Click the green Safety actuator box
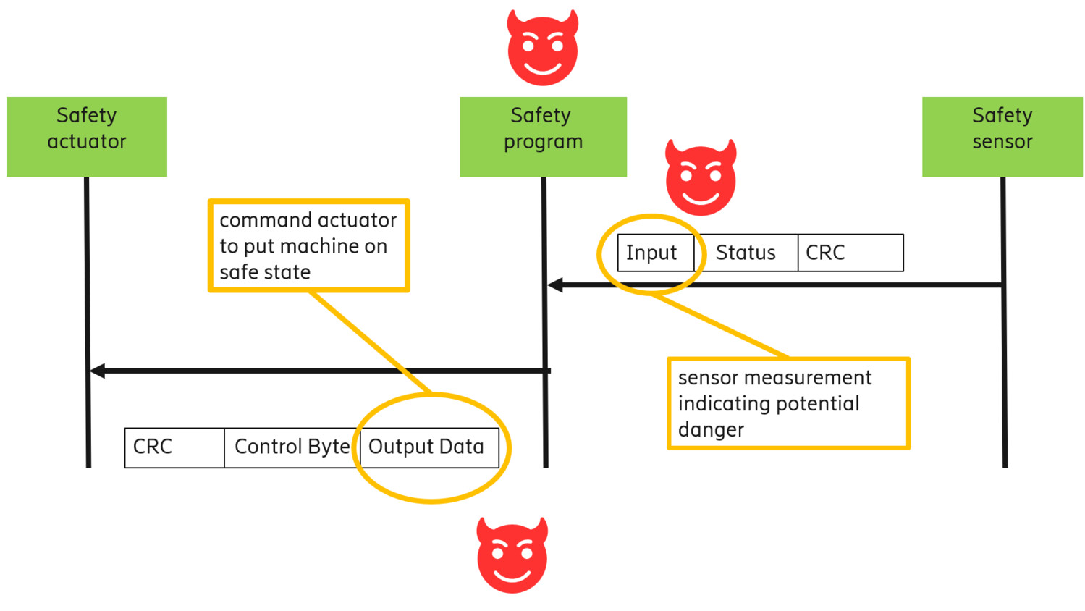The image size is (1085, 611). (87, 137)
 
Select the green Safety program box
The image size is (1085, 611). (543, 137)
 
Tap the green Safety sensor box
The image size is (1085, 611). (1002, 137)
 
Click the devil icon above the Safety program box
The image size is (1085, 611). (543, 49)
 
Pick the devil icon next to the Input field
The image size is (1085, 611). (701, 178)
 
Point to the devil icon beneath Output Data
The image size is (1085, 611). (512, 555)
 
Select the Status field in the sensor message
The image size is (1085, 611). (746, 253)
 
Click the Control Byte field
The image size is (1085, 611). (292, 447)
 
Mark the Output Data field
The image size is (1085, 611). (427, 447)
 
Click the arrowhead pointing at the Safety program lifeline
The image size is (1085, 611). (555, 285)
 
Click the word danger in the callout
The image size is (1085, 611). (711, 430)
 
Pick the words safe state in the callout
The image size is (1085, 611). (265, 272)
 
